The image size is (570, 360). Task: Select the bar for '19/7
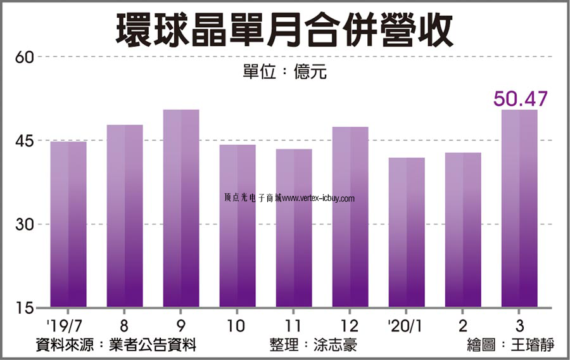click(68, 224)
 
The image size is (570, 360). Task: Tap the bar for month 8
click(125, 216)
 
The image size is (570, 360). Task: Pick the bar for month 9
click(181, 209)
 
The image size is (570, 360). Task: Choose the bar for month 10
click(237, 226)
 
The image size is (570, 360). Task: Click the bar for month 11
click(294, 228)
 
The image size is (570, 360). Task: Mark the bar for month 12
click(350, 217)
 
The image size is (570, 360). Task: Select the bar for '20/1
click(407, 233)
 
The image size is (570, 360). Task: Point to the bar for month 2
click(463, 230)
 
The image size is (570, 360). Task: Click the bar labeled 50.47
click(519, 209)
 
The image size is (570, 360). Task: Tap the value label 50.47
click(520, 99)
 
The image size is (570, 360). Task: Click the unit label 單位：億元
click(284, 72)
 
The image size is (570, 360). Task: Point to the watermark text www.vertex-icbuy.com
click(319, 198)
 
